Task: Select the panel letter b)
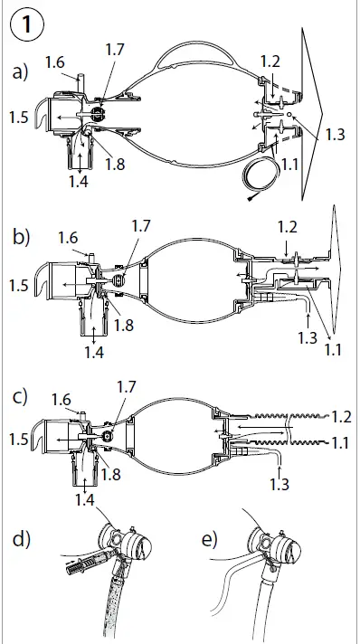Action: click(x=22, y=238)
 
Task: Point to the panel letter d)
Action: click(x=23, y=540)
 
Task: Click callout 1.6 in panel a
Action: click(x=54, y=62)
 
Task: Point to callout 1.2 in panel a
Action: click(x=269, y=61)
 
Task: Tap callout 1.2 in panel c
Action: click(x=341, y=418)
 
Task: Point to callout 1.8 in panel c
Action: click(x=112, y=473)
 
